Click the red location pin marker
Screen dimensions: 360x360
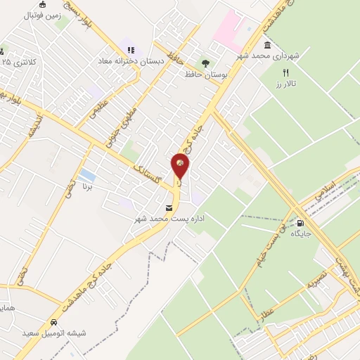[x=181, y=166]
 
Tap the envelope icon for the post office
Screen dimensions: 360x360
[x=169, y=208]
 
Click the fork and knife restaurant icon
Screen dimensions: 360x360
[x=285, y=72]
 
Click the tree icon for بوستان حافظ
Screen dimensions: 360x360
[x=205, y=62]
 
